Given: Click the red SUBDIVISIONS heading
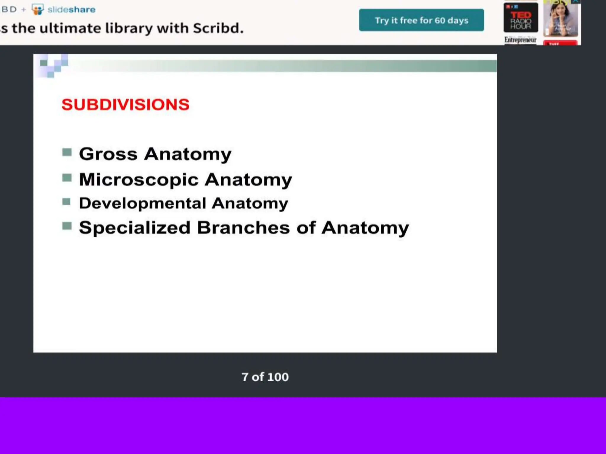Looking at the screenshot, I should (x=125, y=105).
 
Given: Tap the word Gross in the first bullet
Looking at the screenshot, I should (x=108, y=154).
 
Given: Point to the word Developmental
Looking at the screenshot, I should (x=142, y=203).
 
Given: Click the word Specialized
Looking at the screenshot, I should (x=135, y=228).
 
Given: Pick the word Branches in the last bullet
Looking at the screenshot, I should (x=243, y=228).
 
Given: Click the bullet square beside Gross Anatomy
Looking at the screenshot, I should (x=67, y=153).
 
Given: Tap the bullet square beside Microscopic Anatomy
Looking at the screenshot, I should (x=67, y=178).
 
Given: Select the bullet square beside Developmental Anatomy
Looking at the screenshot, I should (x=67, y=202).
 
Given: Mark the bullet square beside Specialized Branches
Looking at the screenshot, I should (x=67, y=226).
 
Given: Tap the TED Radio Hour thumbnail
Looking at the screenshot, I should (x=521, y=18).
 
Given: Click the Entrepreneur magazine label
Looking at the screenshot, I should (x=520, y=40).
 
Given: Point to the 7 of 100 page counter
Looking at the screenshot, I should (x=265, y=377).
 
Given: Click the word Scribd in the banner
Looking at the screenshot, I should (x=218, y=28).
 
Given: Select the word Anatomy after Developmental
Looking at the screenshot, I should (x=250, y=203).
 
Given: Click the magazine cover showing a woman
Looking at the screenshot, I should (x=560, y=18).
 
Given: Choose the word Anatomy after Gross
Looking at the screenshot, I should (x=188, y=154).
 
